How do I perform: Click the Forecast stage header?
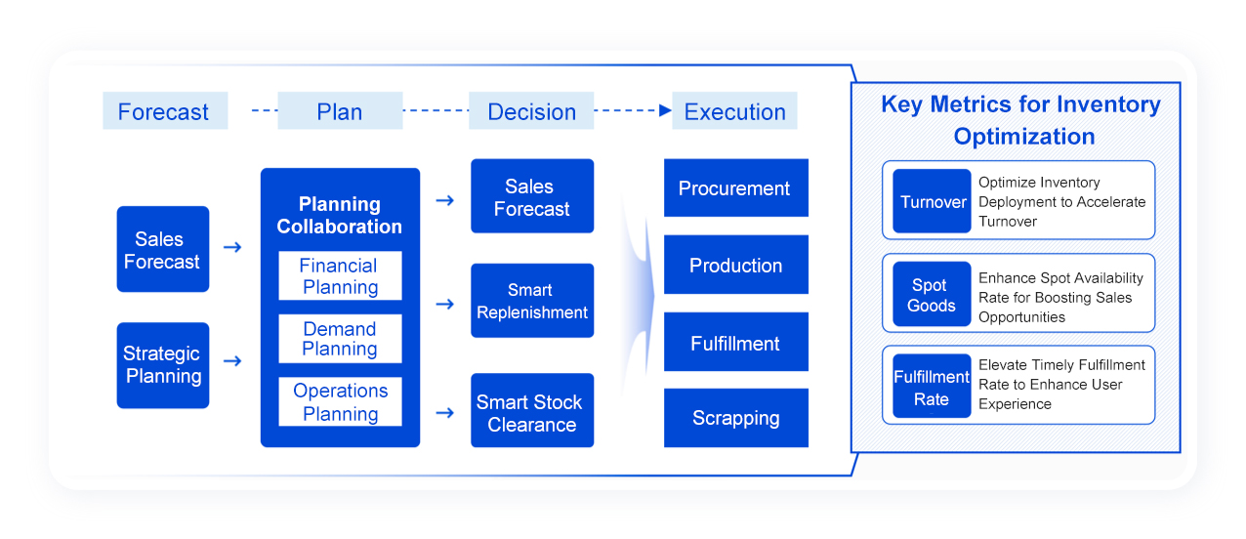click(165, 110)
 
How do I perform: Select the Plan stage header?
click(340, 110)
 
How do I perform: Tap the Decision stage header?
click(531, 110)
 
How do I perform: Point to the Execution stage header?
click(734, 110)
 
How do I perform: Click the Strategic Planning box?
click(163, 365)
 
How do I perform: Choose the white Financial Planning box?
click(340, 276)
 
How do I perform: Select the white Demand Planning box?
click(340, 339)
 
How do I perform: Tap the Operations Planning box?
click(340, 401)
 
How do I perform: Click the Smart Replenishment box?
click(532, 301)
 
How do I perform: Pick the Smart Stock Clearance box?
click(532, 410)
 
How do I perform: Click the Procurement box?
click(736, 188)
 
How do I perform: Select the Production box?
click(736, 265)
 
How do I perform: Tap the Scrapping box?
click(736, 418)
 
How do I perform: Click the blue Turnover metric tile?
click(932, 201)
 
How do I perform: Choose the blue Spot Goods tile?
click(932, 294)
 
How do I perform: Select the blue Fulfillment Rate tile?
click(932, 386)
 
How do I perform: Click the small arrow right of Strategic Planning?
click(232, 361)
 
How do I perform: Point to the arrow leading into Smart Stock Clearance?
click(445, 413)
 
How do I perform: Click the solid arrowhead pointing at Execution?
click(665, 110)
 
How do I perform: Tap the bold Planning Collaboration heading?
click(340, 215)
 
